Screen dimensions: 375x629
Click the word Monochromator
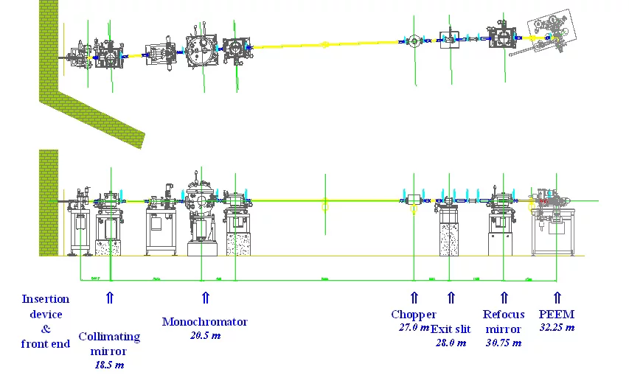[204, 322]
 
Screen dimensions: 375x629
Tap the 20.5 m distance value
[202, 336]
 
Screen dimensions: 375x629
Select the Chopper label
[413, 315]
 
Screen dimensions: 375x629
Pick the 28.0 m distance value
[449, 343]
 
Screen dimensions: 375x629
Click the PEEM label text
[557, 315]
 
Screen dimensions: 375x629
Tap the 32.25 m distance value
[557, 327]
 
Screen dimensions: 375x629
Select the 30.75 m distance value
[503, 343]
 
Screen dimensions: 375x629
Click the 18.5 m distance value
[109, 364]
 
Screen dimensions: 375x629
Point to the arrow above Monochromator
[205, 298]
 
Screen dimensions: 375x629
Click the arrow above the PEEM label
[557, 298]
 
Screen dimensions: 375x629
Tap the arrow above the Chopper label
[414, 298]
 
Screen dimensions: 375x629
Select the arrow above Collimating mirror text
[110, 298]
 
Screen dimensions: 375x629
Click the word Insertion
[46, 299]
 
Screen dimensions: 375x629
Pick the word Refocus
[504, 315]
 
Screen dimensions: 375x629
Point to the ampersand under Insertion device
[46, 329]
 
